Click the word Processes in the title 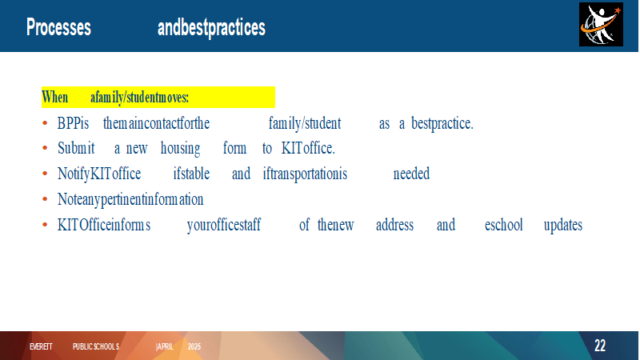[x=58, y=27]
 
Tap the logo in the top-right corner [x=601, y=24]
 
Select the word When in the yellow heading [x=55, y=98]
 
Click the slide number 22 [x=599, y=346]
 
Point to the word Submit [x=76, y=148]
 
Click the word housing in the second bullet [x=180, y=149]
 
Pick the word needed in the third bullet [x=411, y=174]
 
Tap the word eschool [x=503, y=225]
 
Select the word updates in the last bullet [x=563, y=226]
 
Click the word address [x=394, y=225]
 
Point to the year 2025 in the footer [x=194, y=346]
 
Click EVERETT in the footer [x=41, y=346]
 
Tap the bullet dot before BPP [x=45, y=123]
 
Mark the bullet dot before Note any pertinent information [x=45, y=199]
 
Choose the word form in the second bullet [x=234, y=148]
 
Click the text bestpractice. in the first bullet [x=442, y=123]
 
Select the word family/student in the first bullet [x=305, y=123]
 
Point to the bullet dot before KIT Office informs [x=45, y=225]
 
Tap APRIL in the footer [x=165, y=346]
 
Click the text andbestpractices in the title [x=211, y=28]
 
